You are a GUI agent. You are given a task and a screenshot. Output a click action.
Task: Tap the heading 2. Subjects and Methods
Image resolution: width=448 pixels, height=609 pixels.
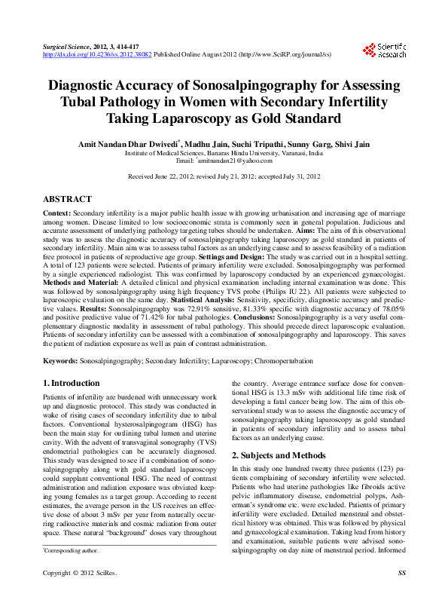[x=281, y=455]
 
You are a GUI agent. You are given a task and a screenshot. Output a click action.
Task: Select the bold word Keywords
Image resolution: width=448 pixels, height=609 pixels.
[x=59, y=361]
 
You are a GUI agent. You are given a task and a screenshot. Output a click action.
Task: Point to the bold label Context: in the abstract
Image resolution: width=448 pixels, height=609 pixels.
[x=58, y=213]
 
